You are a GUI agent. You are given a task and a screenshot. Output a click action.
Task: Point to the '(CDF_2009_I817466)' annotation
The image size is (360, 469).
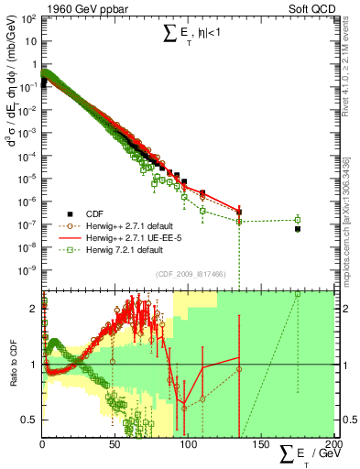182,273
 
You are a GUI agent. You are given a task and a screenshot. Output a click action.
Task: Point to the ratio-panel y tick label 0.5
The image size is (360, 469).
29,420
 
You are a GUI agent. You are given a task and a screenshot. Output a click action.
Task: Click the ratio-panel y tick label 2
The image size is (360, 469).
33,309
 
